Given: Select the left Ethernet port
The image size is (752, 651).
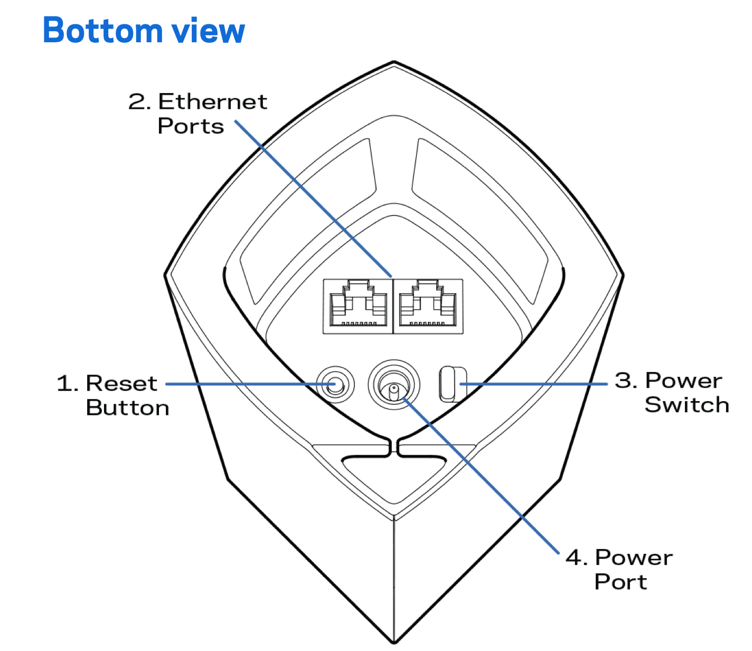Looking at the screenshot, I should [358, 306].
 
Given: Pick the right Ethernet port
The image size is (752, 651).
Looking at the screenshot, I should [428, 306].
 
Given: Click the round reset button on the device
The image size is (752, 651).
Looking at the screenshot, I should [335, 385].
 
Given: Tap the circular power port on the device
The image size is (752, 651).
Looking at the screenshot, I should [394, 385].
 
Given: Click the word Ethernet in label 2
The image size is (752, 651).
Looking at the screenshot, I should [213, 101].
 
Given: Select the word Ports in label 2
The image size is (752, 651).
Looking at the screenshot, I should [191, 126].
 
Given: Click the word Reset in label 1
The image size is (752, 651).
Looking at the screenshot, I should [121, 383].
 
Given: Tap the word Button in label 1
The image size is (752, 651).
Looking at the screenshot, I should [127, 408].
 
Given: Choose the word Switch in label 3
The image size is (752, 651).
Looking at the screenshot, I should [687, 405].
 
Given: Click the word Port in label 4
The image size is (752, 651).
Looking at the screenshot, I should [621, 582].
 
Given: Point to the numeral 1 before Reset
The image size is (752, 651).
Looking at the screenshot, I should [65, 384].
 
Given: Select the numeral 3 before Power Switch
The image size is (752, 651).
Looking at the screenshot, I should [624, 380].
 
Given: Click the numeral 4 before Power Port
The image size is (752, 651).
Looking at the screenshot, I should [574, 557].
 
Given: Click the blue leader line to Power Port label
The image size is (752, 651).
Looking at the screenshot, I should [481, 476].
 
